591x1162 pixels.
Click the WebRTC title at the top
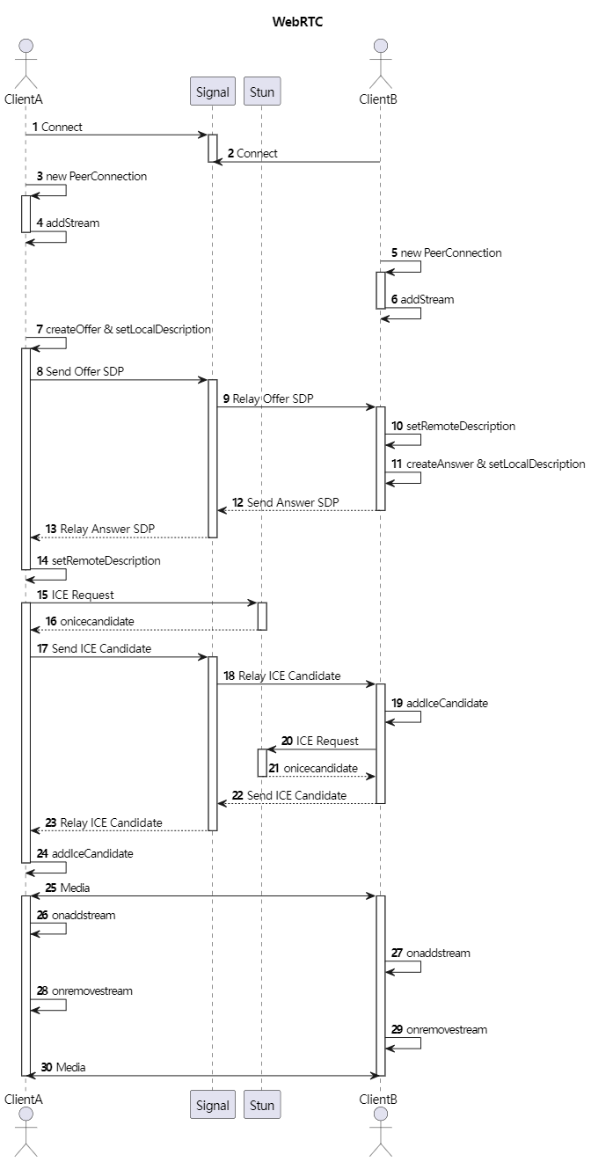(x=297, y=22)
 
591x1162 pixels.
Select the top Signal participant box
(x=212, y=91)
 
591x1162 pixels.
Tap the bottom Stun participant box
(x=262, y=1105)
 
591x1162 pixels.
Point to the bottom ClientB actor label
(x=378, y=1099)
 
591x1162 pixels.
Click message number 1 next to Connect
(x=35, y=127)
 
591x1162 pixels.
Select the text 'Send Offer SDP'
(x=85, y=371)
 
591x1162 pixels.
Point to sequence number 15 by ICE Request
(x=42, y=595)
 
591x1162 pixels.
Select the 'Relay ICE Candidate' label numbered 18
(x=289, y=676)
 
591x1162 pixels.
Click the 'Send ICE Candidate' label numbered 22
(x=296, y=795)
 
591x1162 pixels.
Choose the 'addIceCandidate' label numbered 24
(x=92, y=853)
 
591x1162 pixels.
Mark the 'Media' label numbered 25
(x=74, y=888)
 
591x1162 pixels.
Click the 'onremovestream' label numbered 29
(x=447, y=1029)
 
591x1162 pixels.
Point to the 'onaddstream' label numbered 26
(x=84, y=915)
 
